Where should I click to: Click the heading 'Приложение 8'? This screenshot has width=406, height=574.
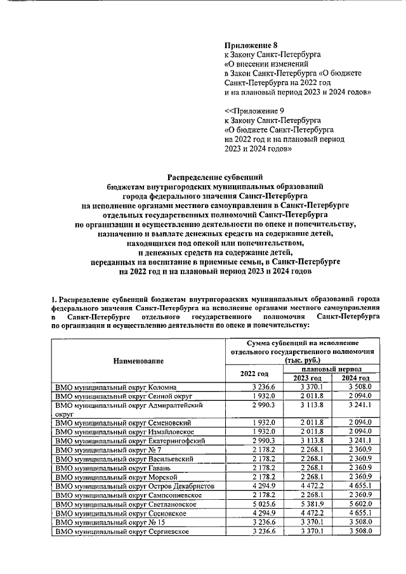(252, 45)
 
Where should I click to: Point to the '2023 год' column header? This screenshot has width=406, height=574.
(307, 378)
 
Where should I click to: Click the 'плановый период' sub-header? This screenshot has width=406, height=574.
(332, 369)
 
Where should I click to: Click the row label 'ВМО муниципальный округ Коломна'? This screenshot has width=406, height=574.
(115, 387)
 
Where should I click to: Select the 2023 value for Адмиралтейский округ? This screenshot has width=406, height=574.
(308, 405)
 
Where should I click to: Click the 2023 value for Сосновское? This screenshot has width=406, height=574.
(308, 512)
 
